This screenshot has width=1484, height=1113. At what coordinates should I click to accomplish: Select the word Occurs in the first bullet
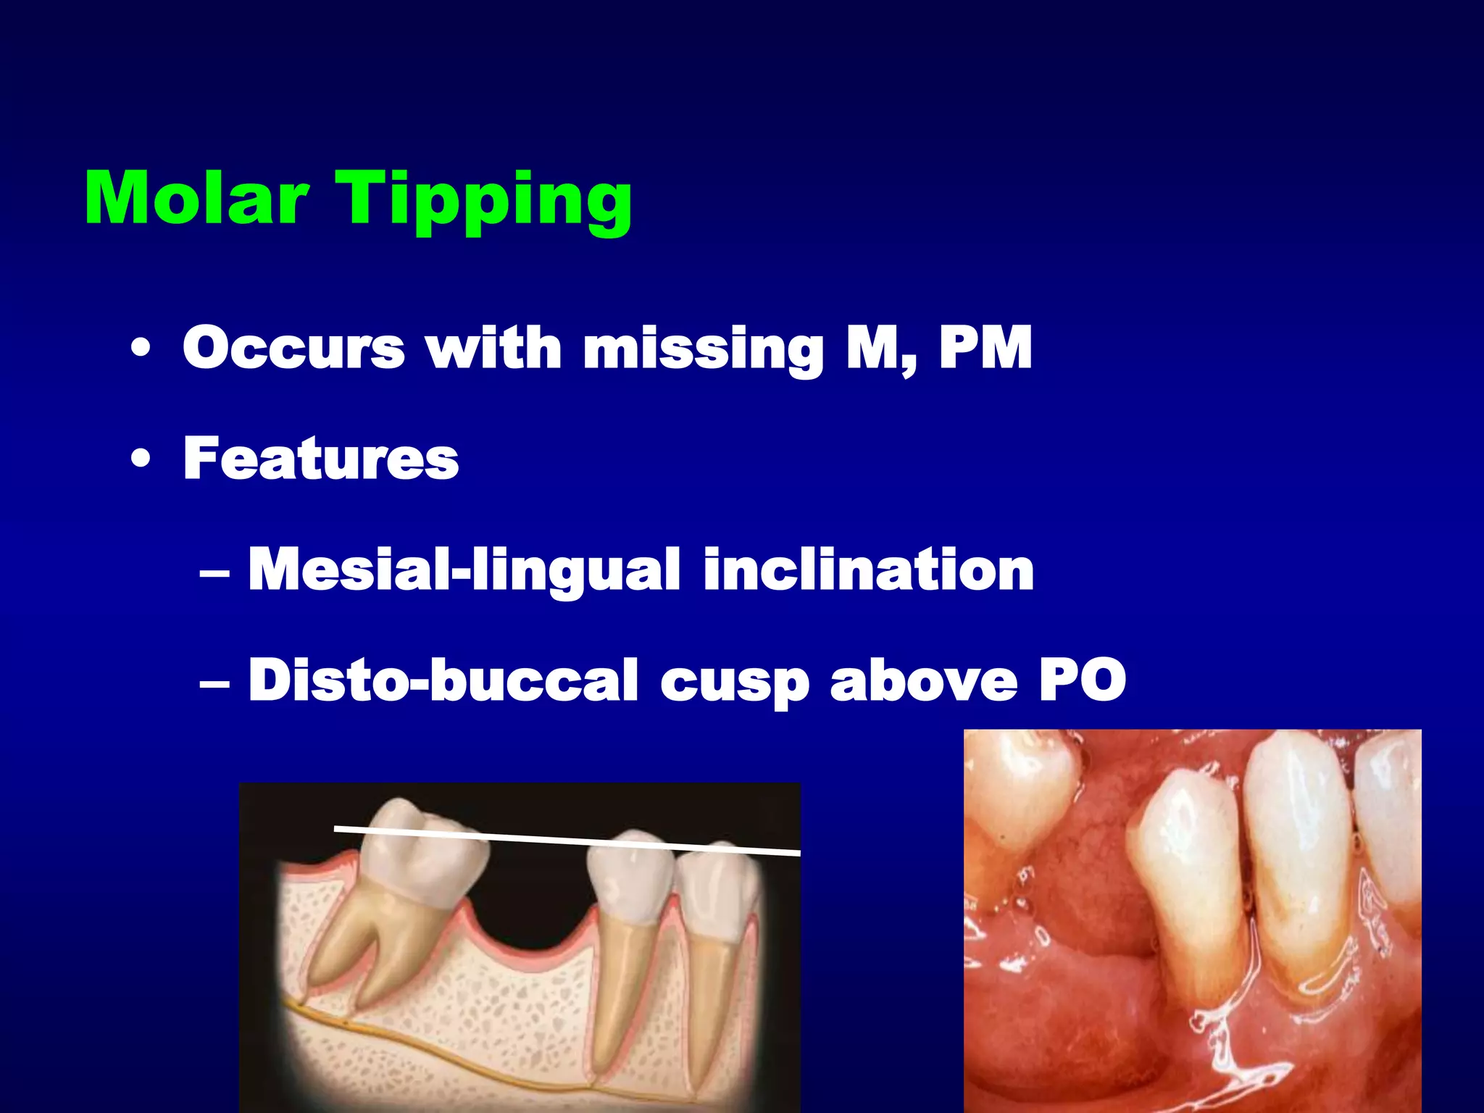click(x=293, y=348)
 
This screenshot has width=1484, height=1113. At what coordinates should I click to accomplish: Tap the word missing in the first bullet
click(x=703, y=349)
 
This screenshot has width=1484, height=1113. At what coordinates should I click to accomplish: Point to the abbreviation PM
click(x=985, y=348)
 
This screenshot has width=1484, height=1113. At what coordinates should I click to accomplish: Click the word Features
click(x=321, y=458)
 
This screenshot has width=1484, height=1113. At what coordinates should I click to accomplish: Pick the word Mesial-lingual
click(x=464, y=570)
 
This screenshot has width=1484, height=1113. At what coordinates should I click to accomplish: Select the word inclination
click(x=868, y=570)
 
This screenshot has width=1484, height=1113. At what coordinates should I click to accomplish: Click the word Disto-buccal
click(x=443, y=680)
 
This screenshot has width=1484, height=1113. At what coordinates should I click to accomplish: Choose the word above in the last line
click(x=923, y=680)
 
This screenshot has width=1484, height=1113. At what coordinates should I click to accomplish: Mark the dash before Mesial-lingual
click(x=214, y=572)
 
